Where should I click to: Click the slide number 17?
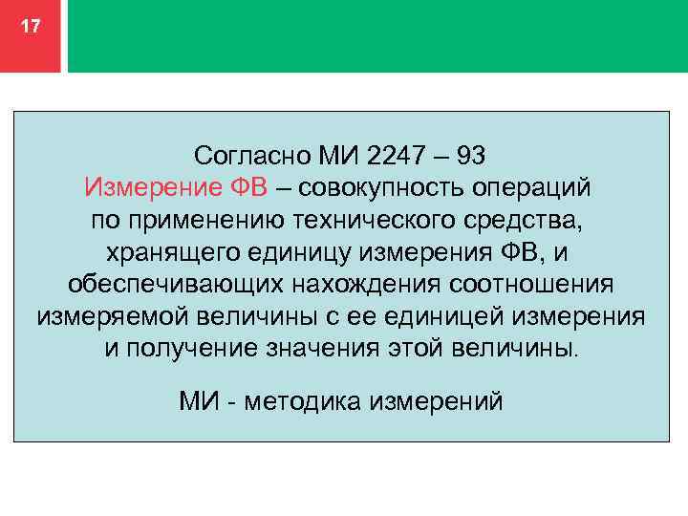[x=31, y=27]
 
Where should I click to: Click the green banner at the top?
[x=377, y=35]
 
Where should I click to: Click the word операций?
[x=538, y=186]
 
